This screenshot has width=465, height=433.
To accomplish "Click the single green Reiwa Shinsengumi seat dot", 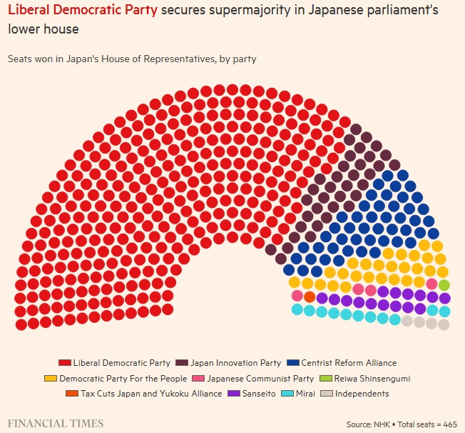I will pos(444,285).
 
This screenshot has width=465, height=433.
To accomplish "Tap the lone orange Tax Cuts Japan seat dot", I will pos(310,297).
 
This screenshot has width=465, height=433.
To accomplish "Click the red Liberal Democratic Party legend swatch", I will pos(65,363).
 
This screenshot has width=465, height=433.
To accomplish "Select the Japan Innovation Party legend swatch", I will pos(181,363).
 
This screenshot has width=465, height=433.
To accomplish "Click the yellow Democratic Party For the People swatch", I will pos(51,379).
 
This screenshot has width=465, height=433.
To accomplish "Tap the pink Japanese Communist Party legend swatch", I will pos(198,379).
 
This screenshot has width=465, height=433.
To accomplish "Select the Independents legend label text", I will pos(362,394).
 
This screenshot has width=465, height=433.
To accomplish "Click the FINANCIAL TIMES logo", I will pos(56,423).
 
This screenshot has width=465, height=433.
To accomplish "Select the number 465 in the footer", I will pos(450,424).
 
